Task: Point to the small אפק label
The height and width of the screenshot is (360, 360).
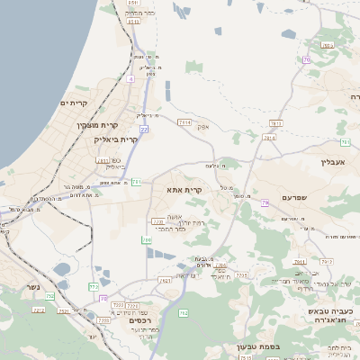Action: [x=203, y=127]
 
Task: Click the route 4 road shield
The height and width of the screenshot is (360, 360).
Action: [x=130, y=79]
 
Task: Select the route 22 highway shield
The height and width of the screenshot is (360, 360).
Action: [x=144, y=130]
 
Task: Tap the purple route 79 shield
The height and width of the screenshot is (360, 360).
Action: [x=265, y=203]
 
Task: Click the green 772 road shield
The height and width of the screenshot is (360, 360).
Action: [x=94, y=287]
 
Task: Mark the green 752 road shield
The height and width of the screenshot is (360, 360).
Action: [x=49, y=295]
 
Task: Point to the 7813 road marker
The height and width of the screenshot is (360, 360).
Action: [x=275, y=123]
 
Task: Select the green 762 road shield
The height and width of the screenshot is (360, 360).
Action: [x=184, y=313]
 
